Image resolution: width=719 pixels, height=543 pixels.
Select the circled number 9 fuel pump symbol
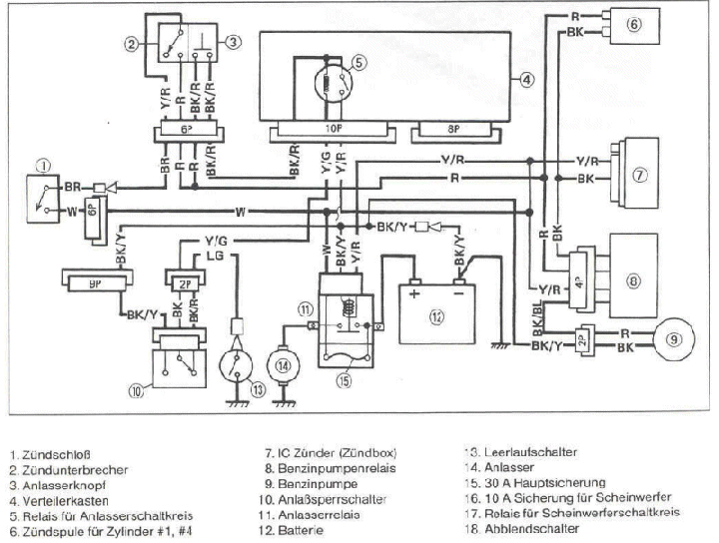(677, 338)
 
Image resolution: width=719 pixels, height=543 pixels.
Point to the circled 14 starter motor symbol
(285, 366)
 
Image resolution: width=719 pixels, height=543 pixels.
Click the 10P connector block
(329, 130)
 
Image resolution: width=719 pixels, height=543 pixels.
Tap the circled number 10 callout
(137, 392)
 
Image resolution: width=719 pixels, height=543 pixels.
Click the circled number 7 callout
(641, 173)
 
